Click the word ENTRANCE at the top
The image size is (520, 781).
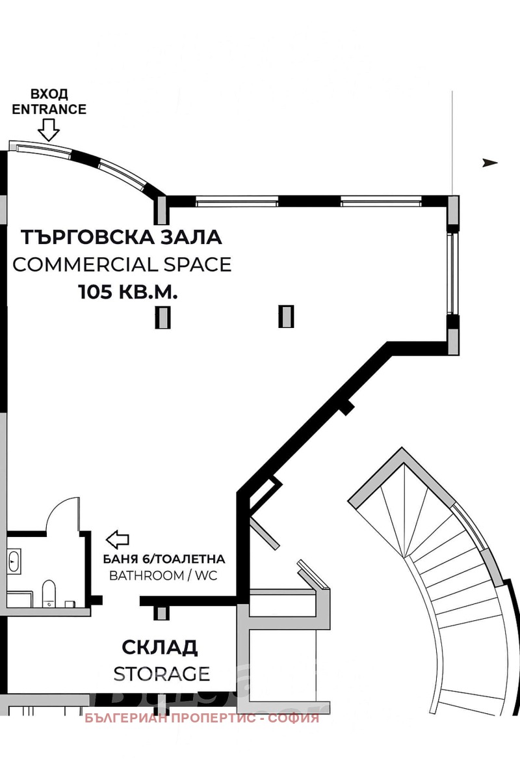(x=49, y=109)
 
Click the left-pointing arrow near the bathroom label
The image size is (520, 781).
(x=118, y=539)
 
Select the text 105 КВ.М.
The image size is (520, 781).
(x=128, y=292)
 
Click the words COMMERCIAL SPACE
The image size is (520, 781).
(x=122, y=264)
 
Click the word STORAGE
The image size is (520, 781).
(x=162, y=672)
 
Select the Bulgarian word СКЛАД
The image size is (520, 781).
(x=160, y=647)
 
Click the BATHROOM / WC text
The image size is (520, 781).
(x=162, y=575)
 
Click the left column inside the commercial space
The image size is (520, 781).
(x=162, y=316)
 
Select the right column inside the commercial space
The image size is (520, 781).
(x=286, y=316)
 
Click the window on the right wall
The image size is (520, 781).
(x=452, y=273)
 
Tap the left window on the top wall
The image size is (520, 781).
(x=237, y=201)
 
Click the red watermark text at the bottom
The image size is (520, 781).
(x=203, y=719)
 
